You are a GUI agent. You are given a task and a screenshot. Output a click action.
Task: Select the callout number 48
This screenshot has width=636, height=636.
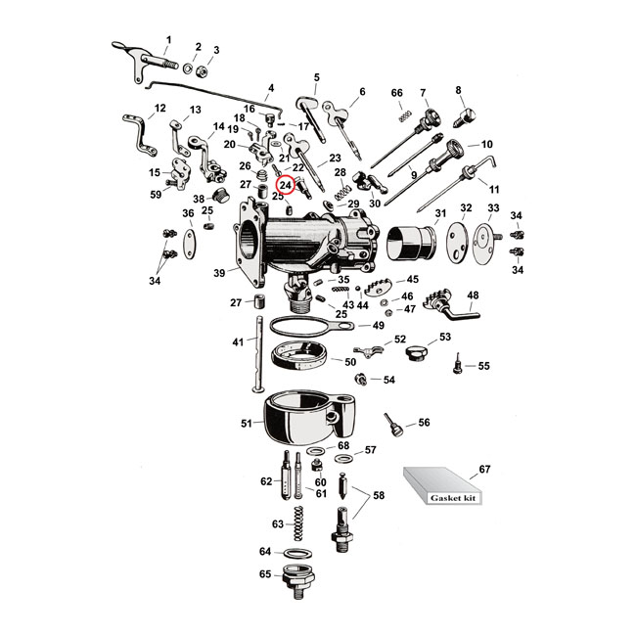tap(473, 295)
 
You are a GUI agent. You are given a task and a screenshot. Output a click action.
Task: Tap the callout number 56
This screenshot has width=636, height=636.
tap(423, 423)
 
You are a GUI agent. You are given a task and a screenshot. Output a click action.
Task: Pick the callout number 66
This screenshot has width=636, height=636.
tap(396, 93)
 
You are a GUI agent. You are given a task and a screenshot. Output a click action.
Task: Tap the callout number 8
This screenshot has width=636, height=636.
tap(457, 91)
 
